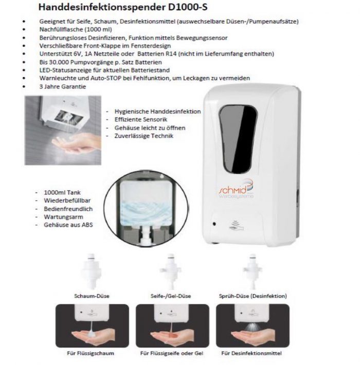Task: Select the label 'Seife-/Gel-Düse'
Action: (171, 297)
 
